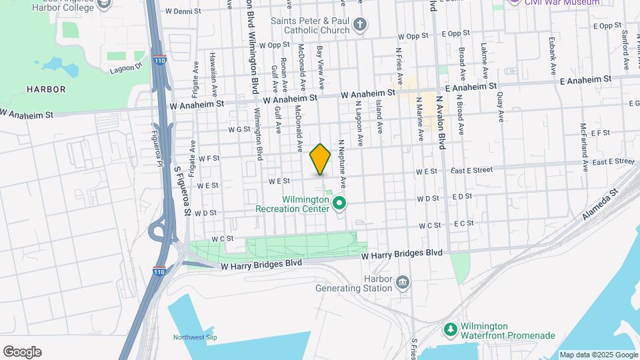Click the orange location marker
(x=321, y=159)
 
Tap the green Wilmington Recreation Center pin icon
(x=339, y=202)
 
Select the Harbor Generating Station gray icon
(x=403, y=283)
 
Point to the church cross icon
(x=360, y=26)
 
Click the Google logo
(x=22, y=352)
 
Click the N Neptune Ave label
(x=341, y=161)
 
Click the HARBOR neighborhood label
(x=46, y=89)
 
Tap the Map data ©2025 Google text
(x=598, y=355)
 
